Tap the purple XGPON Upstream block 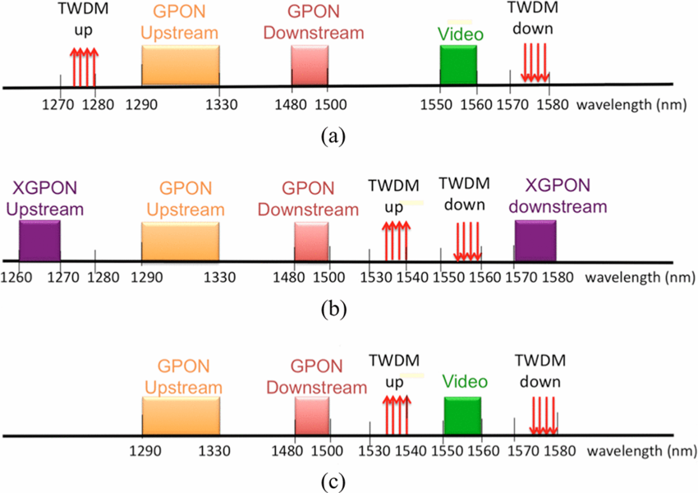pyautogui.click(x=39, y=242)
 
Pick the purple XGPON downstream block pyautogui.click(x=535, y=242)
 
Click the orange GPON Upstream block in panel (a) pyautogui.click(x=180, y=64)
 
